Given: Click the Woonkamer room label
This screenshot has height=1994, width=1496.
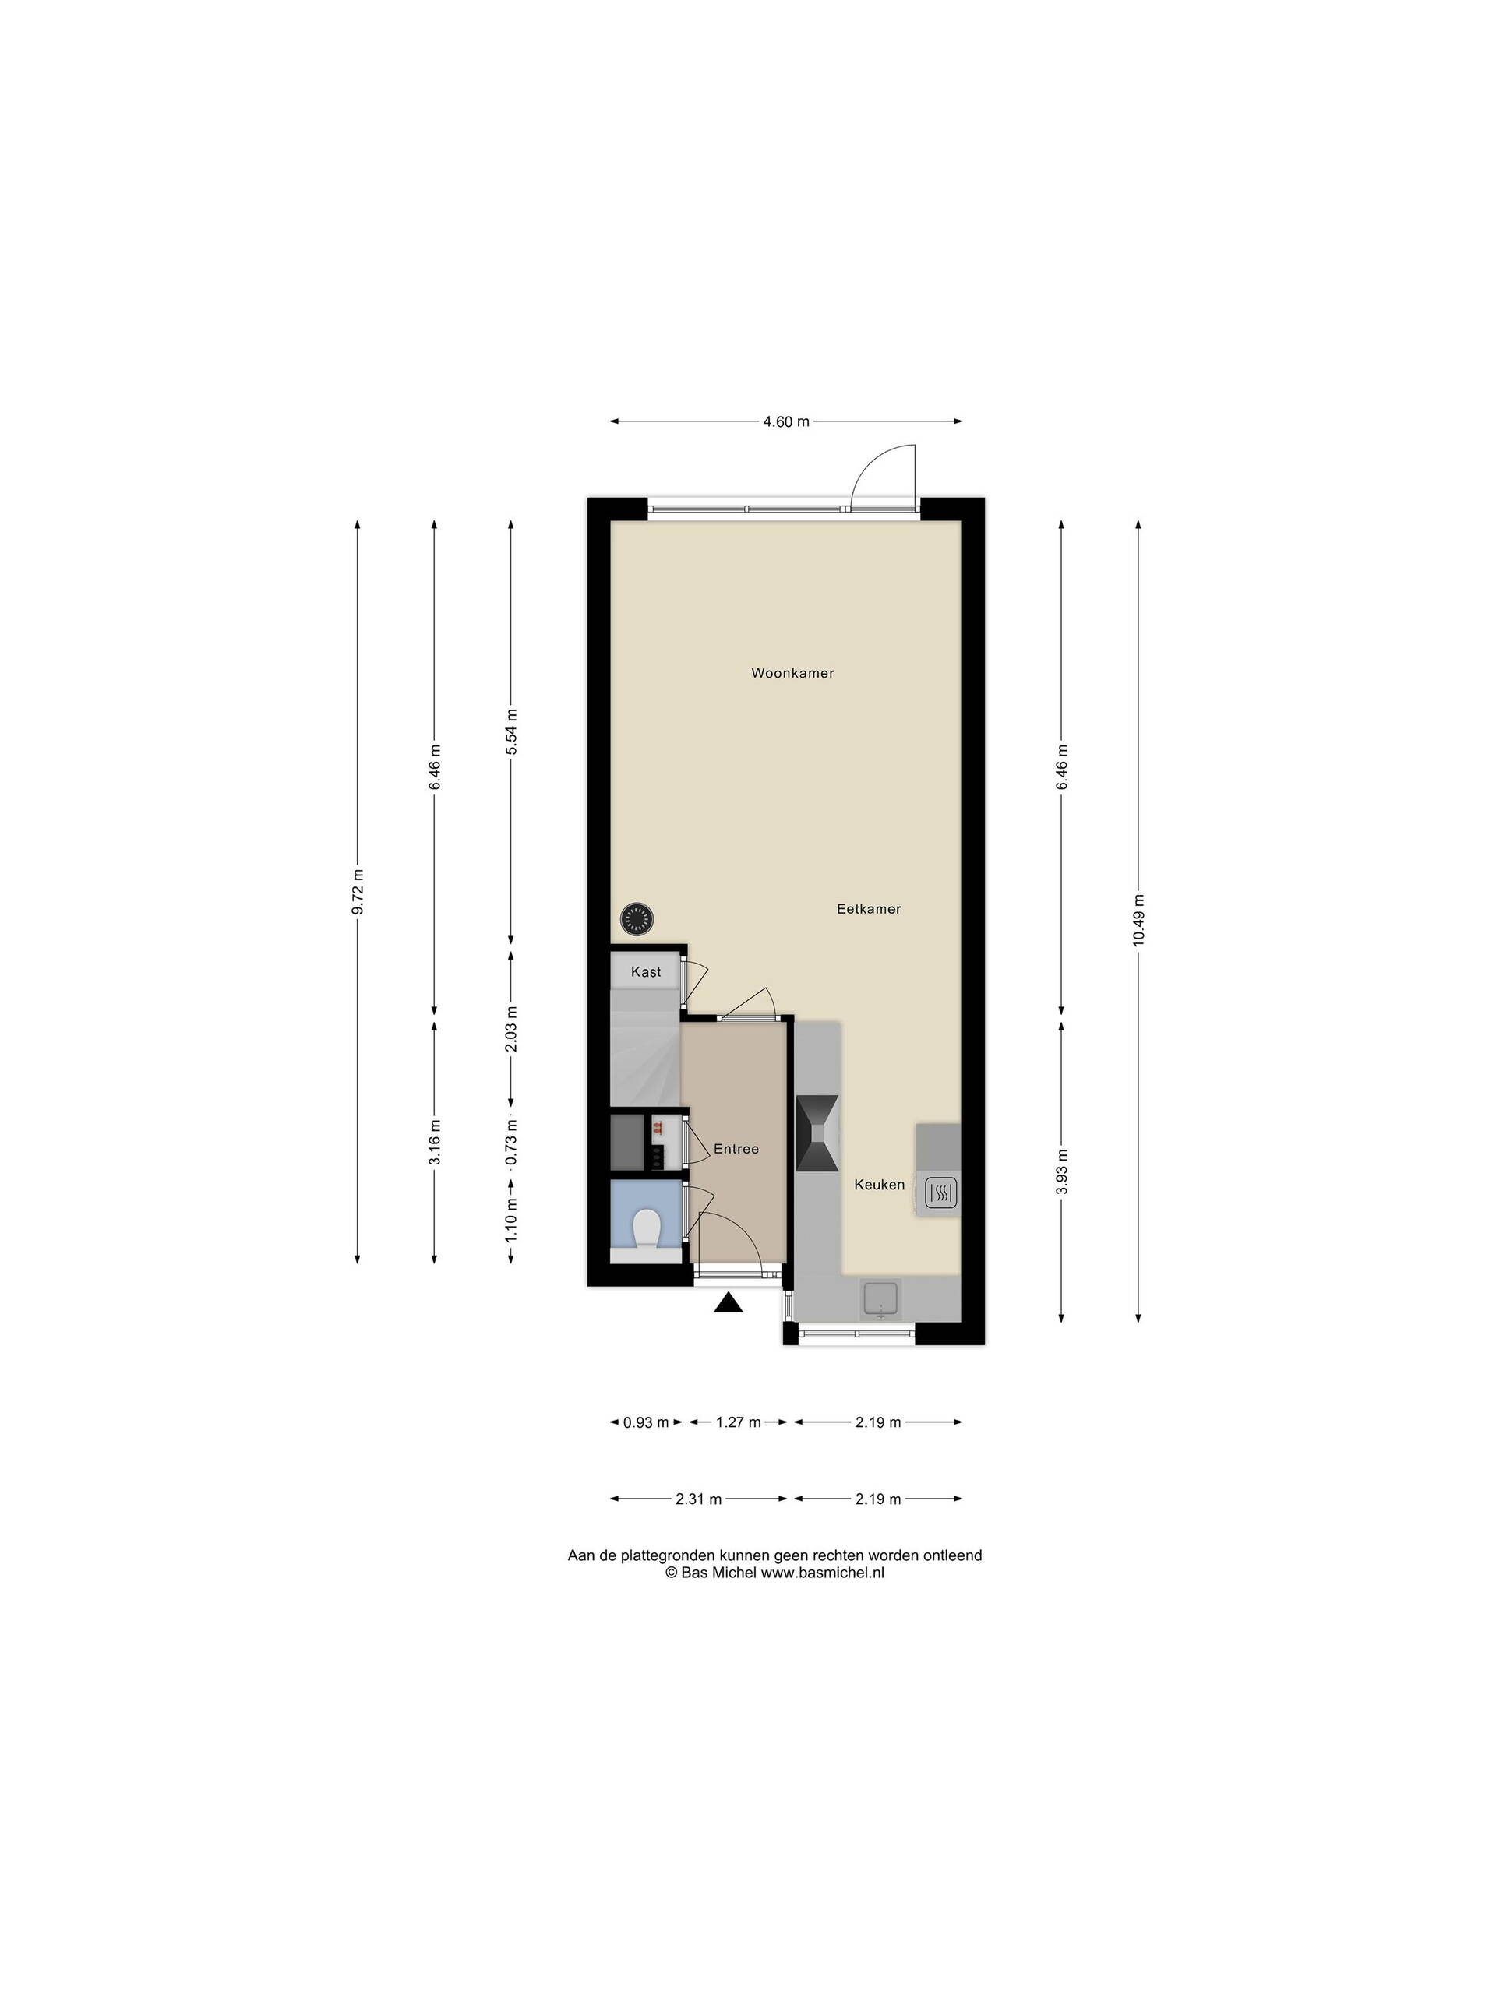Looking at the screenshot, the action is (792, 672).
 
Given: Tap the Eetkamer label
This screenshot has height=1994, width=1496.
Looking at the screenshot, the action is (869, 909).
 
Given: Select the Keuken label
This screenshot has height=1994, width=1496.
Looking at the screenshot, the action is (879, 1185).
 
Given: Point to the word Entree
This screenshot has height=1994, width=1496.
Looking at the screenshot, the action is (736, 1148).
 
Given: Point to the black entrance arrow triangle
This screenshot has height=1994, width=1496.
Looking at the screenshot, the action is (728, 1303).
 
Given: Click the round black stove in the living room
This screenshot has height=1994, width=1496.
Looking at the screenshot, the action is (637, 919).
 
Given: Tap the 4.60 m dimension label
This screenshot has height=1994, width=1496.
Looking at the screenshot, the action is (786, 421).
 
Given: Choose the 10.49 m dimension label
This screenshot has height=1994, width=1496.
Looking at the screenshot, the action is (1138, 919).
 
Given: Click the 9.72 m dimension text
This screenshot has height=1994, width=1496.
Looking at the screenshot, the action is (358, 893).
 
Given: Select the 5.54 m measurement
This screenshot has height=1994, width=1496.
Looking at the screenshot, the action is (511, 733).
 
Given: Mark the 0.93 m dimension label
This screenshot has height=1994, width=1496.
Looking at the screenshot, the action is (646, 1422).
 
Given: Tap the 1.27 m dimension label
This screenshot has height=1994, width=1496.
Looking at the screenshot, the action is (739, 1422).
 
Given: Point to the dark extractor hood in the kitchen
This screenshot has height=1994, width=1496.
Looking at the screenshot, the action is (817, 1134).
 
